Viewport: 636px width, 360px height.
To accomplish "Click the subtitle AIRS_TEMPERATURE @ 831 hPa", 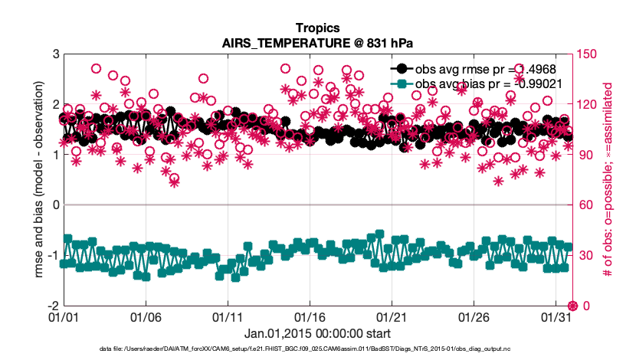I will point(318,43).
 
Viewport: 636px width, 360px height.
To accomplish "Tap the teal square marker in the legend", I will point(402,83).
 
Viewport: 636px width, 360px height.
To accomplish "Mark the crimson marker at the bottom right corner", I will point(572,306).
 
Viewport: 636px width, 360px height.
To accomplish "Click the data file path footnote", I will point(318,349).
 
